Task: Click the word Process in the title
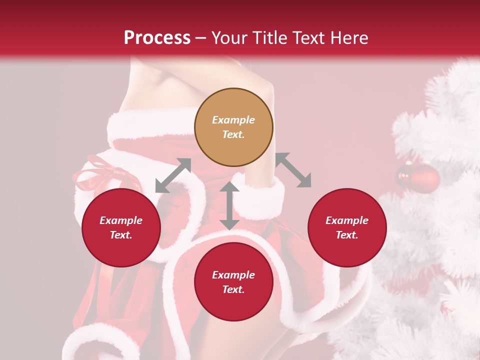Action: coord(157,38)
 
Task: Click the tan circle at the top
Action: coord(233,127)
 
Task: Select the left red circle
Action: coord(121,228)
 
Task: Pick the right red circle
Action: coord(347,228)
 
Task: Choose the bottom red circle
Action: coord(233,282)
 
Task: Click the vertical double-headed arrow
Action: coord(229,205)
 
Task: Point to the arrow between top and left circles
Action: coord(173,175)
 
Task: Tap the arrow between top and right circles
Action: coord(293,170)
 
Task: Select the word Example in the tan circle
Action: coord(233,120)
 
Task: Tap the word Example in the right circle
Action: coord(347,220)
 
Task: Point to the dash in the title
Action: coord(200,38)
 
